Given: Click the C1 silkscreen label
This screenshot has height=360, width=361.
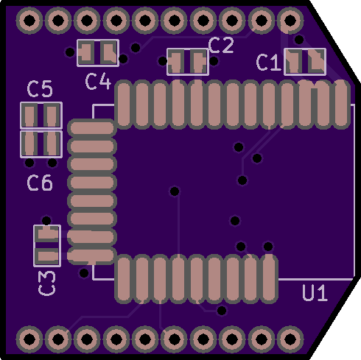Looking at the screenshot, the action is [x=268, y=63].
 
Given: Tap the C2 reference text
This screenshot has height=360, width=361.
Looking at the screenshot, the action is [x=221, y=45].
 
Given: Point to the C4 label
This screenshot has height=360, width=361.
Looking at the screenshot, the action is [x=98, y=81].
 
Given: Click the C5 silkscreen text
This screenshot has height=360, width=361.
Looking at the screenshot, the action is [x=40, y=88].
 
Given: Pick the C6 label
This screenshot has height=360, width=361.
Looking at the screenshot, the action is [x=40, y=183].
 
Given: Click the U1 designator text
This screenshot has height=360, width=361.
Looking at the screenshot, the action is [x=315, y=292].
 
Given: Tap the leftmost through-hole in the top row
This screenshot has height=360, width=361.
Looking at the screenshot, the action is [x=29, y=20].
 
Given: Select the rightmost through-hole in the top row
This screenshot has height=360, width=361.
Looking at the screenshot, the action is [x=290, y=20].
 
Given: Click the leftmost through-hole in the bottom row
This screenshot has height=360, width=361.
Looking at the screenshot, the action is [x=29, y=339].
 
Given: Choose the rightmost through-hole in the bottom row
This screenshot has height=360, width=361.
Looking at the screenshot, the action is [x=290, y=339].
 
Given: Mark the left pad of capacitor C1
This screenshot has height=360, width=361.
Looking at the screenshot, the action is [x=293, y=62].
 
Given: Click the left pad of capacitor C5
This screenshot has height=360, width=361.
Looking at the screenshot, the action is [x=29, y=115].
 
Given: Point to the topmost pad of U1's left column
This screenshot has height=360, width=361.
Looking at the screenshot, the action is [x=91, y=128].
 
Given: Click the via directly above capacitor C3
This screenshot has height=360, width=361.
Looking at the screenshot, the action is [x=46, y=220].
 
